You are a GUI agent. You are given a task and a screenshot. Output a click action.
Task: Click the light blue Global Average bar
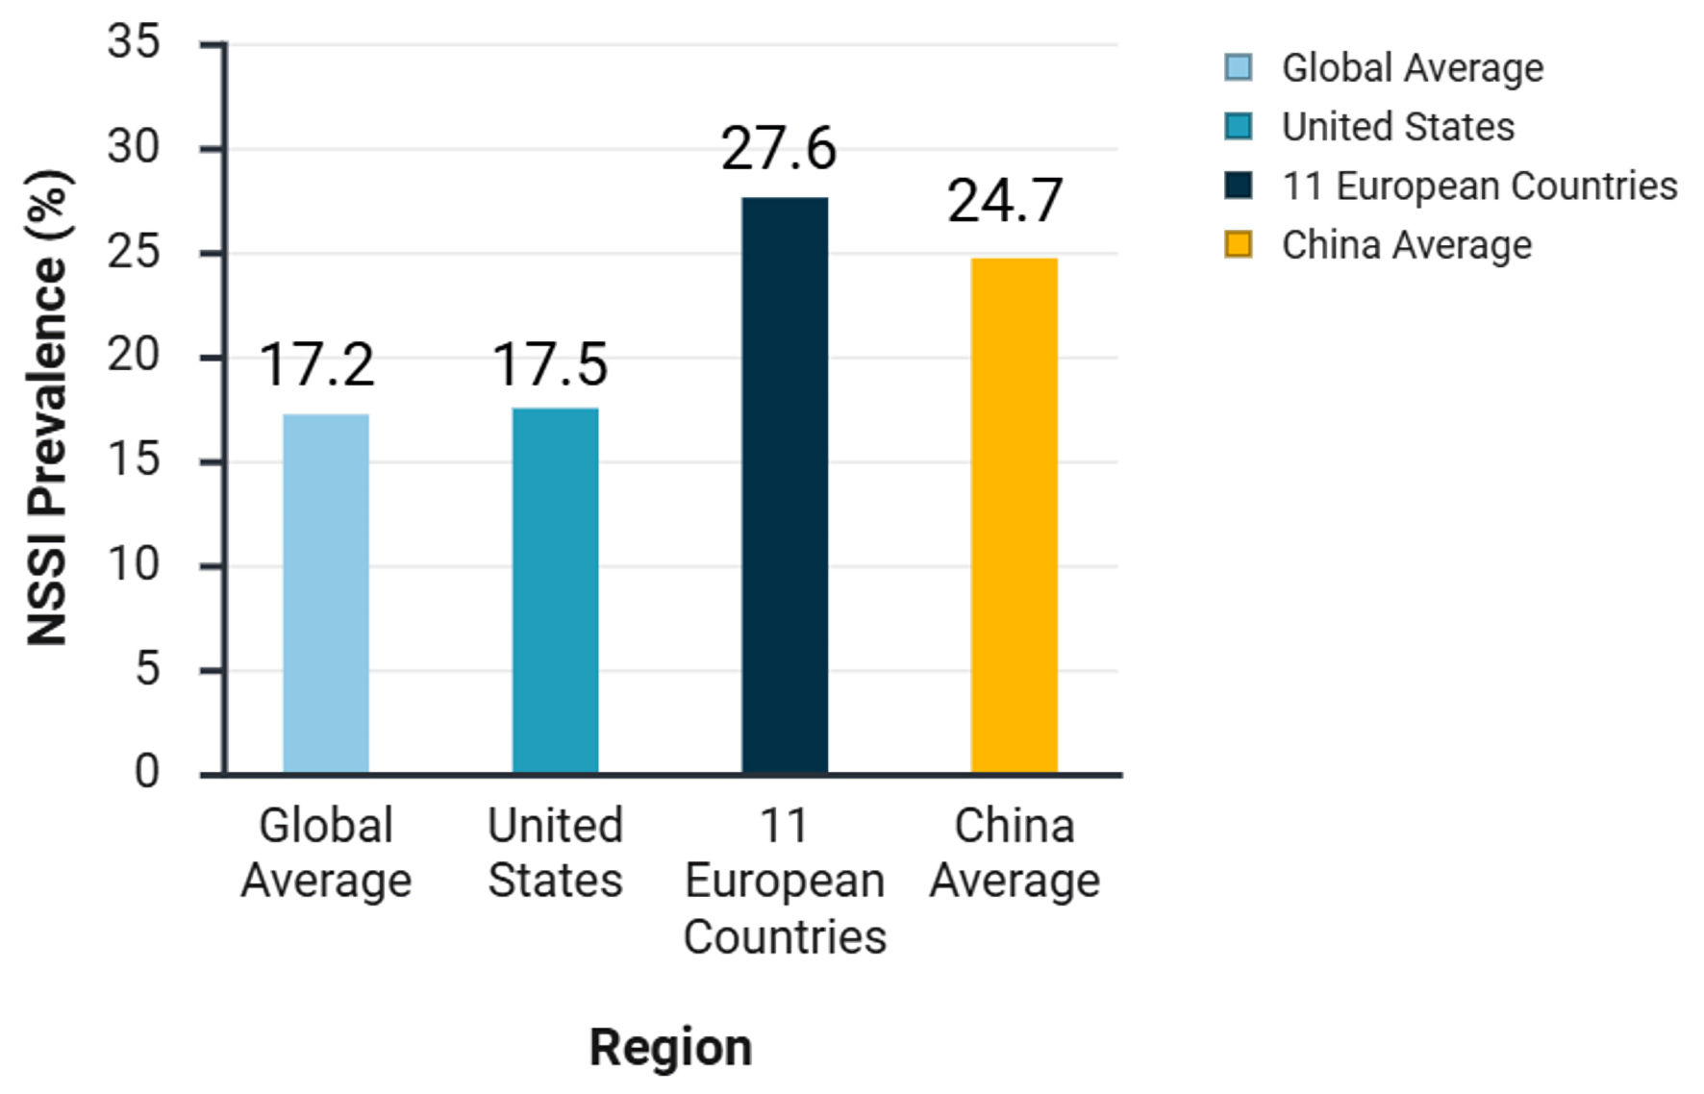point(325,593)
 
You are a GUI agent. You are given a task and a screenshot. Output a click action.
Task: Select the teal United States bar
point(555,590)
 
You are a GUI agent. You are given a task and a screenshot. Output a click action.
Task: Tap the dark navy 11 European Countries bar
point(785,485)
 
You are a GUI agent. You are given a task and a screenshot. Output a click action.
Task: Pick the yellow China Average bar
point(1014,515)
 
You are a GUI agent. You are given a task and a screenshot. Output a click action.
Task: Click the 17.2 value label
point(316,365)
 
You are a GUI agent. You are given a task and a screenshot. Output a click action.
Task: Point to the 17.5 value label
point(550,365)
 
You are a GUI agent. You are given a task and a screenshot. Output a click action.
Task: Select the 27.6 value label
point(779,150)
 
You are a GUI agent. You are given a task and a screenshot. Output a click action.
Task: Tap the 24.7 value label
point(1005,202)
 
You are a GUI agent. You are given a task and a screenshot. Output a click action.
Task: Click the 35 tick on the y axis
point(134,43)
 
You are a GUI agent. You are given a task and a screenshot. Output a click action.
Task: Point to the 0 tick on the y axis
point(146,772)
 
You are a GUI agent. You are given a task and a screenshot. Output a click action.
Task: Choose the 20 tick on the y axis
point(134,356)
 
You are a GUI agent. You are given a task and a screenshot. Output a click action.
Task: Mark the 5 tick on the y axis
point(146,668)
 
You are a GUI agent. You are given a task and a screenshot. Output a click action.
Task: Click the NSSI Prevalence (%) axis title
point(48,408)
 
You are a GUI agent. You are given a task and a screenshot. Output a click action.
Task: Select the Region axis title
point(670,1047)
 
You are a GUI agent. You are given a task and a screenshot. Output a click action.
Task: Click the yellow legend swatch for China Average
point(1238,244)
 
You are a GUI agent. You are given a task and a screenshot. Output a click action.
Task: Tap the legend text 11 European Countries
point(1479,186)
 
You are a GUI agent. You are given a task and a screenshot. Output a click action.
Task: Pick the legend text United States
point(1397,127)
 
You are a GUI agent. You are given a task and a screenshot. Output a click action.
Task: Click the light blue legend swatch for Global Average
point(1238,67)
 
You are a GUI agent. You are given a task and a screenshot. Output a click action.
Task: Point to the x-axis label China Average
point(1015,853)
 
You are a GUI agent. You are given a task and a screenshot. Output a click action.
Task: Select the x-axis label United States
point(555,853)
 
